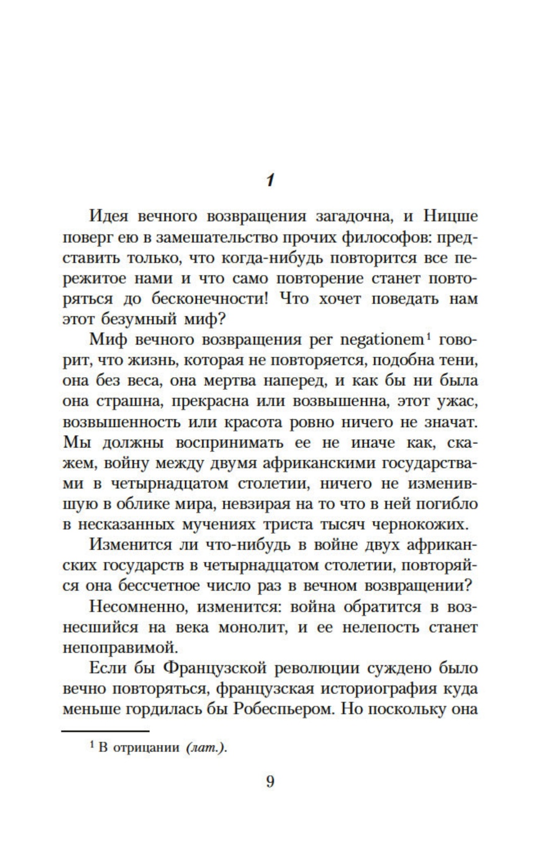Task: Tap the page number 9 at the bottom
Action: [270, 782]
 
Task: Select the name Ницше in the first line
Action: [450, 216]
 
